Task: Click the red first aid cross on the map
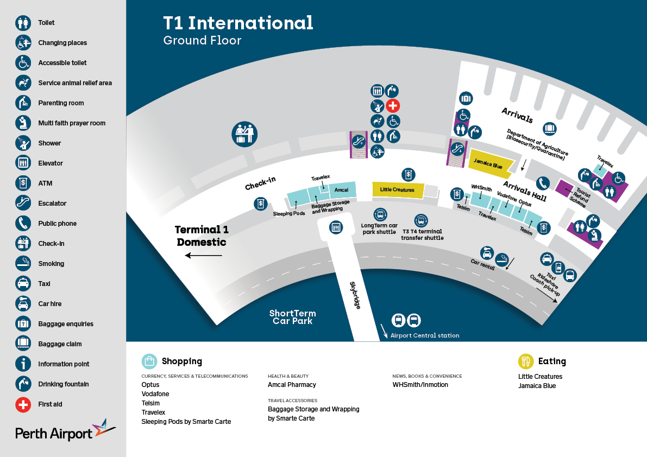click(393, 105)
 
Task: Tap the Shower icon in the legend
click(23, 143)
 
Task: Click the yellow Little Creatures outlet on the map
click(397, 189)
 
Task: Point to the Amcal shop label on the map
click(342, 189)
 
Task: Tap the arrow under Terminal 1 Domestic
click(203, 255)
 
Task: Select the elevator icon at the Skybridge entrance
click(336, 227)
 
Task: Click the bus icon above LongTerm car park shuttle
click(380, 214)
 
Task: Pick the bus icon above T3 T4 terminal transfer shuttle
click(421, 220)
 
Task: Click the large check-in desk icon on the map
click(244, 133)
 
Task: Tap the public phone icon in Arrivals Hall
click(542, 182)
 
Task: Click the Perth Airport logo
click(65, 431)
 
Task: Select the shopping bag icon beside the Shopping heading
click(149, 361)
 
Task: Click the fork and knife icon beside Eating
click(525, 361)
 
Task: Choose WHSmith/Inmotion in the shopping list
click(420, 385)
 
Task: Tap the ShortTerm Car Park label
click(292, 318)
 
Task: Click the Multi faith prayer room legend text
click(72, 123)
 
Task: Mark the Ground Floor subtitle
click(202, 41)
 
